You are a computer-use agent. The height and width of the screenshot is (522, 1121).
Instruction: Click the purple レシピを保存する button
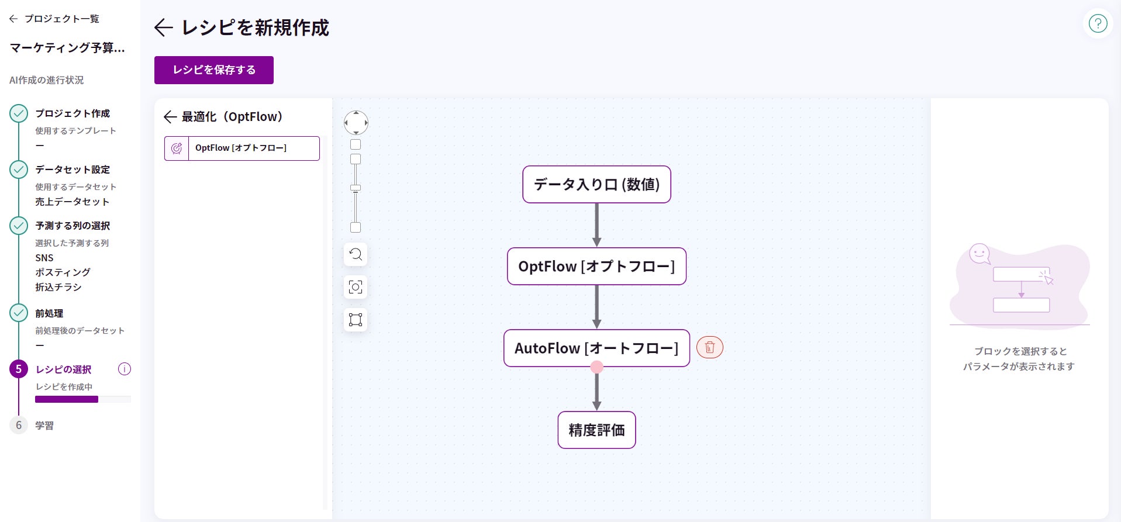[213, 70]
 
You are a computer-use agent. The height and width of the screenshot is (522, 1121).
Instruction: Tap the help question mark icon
[1098, 24]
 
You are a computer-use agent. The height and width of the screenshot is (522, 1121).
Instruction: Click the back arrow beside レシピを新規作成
[163, 27]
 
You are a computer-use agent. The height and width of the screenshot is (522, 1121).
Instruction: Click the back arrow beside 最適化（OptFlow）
[170, 117]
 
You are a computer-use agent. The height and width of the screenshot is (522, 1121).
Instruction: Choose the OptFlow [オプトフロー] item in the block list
[242, 148]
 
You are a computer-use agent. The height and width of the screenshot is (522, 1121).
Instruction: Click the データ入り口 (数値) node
[596, 185]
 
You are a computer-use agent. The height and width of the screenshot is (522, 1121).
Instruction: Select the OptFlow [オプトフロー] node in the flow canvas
[596, 267]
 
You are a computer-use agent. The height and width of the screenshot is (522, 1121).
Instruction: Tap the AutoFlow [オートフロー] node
[596, 348]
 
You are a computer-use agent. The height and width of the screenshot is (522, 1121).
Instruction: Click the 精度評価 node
[596, 430]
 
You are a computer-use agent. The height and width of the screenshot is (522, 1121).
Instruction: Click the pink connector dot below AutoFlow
[596, 367]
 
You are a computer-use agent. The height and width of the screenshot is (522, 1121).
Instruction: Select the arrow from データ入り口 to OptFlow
[596, 225]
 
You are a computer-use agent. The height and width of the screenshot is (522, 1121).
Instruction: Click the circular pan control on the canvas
[356, 123]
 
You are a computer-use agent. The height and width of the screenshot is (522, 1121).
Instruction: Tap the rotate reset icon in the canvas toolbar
[356, 254]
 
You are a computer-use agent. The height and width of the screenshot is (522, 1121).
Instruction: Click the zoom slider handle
[356, 188]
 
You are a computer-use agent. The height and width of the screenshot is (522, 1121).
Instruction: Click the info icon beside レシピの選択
[125, 369]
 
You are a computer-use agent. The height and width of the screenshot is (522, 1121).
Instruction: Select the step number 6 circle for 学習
[19, 425]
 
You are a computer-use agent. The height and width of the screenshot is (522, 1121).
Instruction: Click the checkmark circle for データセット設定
[19, 170]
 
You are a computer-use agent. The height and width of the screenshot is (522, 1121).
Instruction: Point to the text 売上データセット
[72, 202]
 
